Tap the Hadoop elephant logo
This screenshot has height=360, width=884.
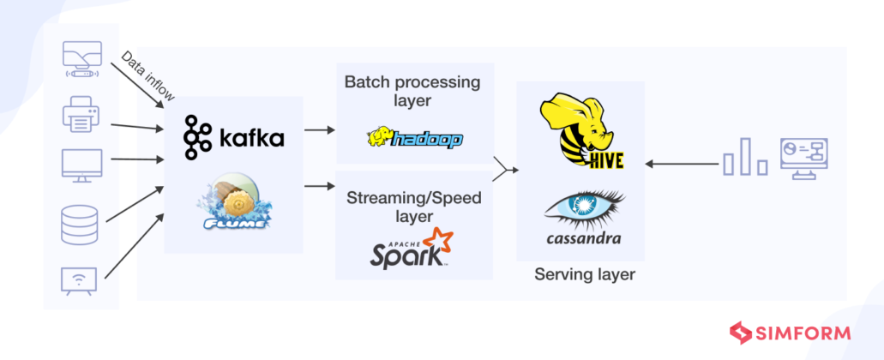[414, 139]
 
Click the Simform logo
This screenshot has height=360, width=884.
[790, 332]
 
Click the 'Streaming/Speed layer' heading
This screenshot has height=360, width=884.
[413, 207]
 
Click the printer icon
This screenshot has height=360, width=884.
[81, 115]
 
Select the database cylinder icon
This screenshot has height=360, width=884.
[81, 224]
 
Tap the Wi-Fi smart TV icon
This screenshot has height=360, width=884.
[81, 279]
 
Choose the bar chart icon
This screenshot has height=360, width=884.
[744, 159]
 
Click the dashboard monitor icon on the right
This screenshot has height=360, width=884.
[809, 159]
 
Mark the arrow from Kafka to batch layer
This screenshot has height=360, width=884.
[320, 130]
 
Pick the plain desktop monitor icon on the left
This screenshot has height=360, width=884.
[81, 165]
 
